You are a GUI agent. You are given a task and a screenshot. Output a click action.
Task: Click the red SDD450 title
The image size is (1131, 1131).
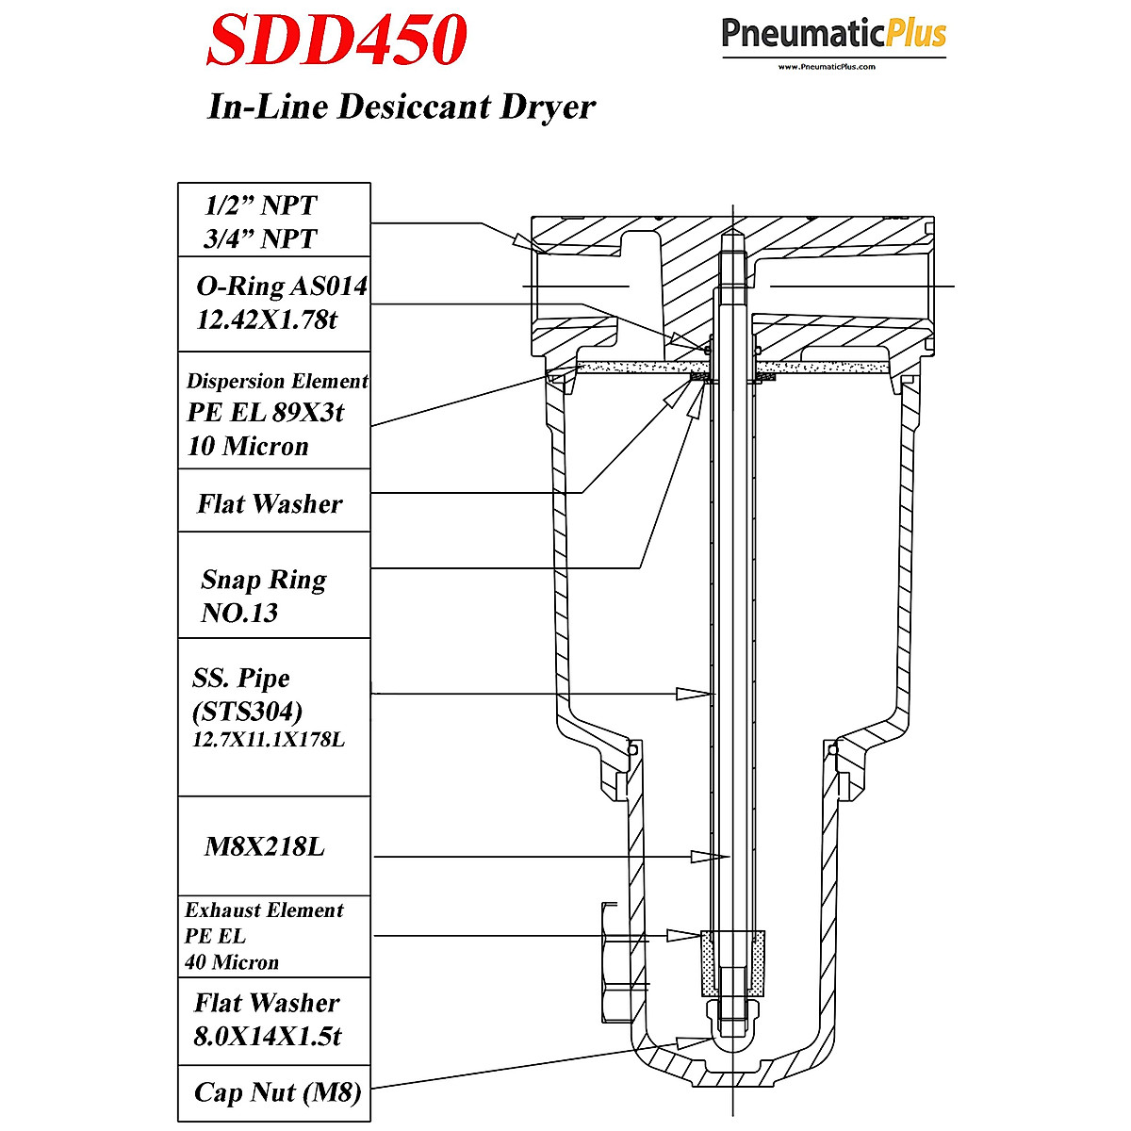click(337, 40)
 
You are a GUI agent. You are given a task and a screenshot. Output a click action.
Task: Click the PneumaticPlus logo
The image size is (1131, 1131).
click(833, 36)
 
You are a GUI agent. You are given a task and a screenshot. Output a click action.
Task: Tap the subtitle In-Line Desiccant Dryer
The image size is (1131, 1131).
click(401, 107)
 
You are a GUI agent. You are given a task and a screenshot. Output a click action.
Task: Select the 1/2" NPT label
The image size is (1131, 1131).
click(261, 205)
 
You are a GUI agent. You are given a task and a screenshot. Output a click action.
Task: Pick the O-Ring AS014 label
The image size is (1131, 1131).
click(281, 286)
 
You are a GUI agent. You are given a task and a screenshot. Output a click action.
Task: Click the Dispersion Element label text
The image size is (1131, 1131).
click(277, 381)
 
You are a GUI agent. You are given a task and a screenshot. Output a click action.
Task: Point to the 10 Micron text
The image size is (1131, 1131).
click(248, 446)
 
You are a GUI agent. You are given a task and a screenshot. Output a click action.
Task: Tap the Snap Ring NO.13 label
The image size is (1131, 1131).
click(264, 595)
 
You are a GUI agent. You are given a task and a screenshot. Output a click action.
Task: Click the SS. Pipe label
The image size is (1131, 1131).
click(241, 678)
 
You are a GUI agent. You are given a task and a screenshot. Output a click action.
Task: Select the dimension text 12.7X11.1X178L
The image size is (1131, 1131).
click(269, 740)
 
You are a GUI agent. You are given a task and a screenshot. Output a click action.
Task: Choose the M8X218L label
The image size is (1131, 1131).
click(265, 846)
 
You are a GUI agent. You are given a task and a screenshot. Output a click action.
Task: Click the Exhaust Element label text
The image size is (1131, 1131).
click(264, 910)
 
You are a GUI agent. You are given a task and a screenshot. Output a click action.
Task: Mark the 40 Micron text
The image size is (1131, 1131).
click(232, 962)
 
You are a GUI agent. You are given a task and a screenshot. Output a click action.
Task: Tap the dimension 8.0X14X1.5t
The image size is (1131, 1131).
click(268, 1037)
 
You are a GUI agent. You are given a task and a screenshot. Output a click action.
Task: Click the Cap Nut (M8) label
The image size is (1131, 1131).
click(278, 1092)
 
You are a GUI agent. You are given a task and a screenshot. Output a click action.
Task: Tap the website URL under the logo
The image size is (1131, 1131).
click(827, 67)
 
